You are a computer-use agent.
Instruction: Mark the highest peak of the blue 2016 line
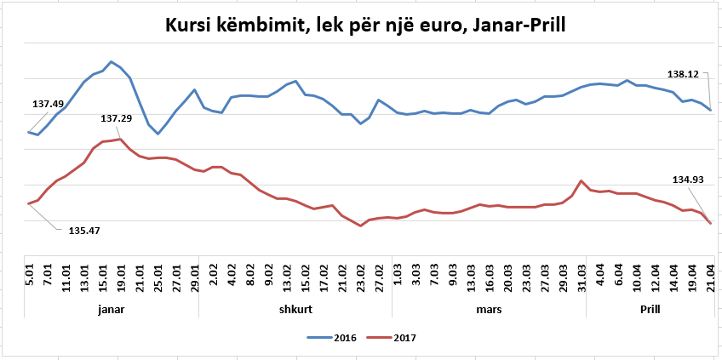tap(112, 61)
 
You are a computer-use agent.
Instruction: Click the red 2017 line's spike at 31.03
tap(581, 180)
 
